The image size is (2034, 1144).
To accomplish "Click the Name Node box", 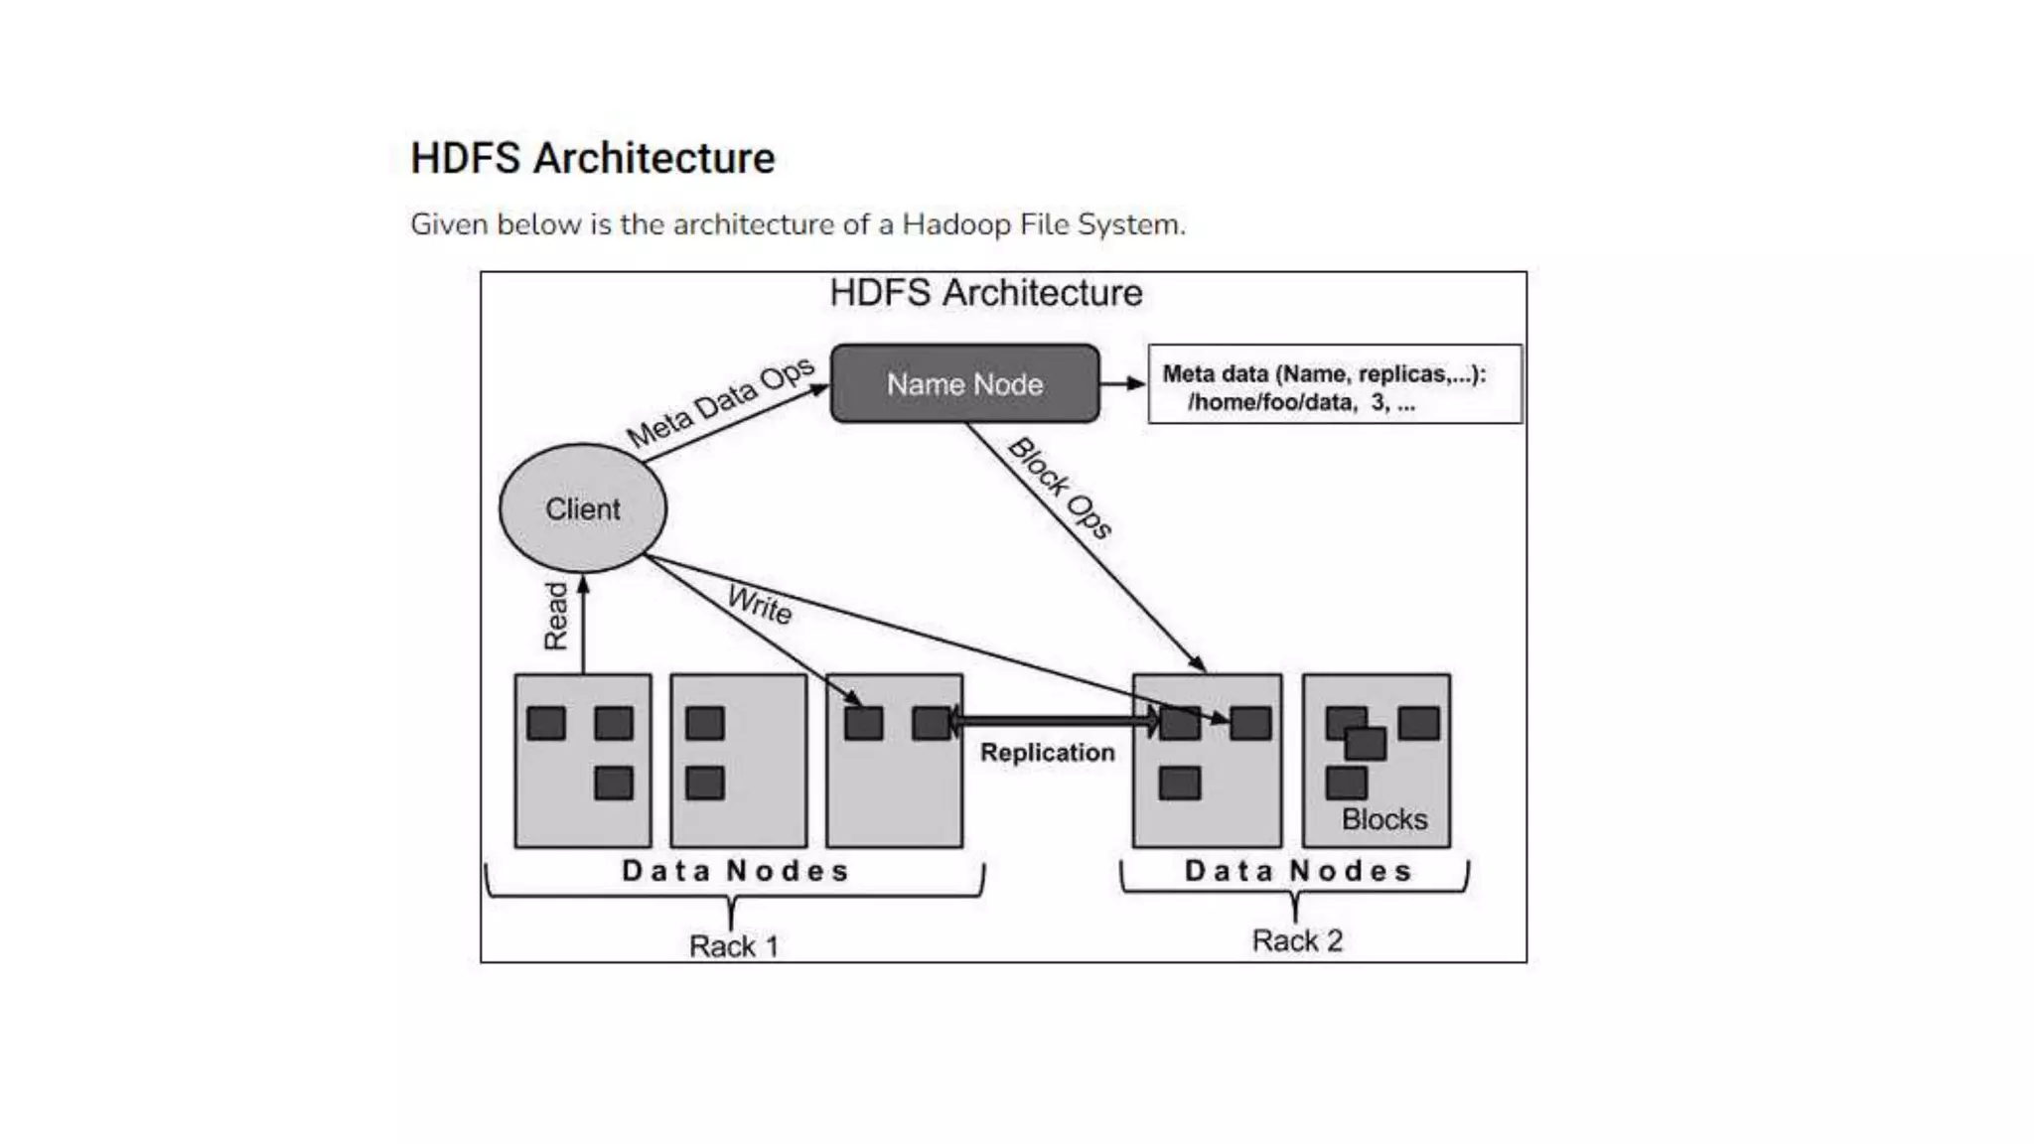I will tap(964, 384).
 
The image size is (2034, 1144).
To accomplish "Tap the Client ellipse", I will tap(583, 508).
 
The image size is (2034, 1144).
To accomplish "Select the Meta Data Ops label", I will tap(720, 402).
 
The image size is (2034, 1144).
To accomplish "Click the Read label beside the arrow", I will tap(556, 616).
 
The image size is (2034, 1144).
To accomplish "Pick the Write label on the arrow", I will tap(760, 605).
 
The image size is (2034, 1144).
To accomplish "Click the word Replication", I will tap(1047, 753).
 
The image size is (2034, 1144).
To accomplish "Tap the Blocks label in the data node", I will tap(1383, 819).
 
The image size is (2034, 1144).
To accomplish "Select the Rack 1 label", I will tap(733, 946).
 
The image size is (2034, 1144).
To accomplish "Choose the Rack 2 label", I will tap(1296, 940).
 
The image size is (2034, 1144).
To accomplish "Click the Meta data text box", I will tap(1334, 385).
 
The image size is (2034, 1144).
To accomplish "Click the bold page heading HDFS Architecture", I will tap(593, 159).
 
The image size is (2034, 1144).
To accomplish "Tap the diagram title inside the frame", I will tap(985, 293).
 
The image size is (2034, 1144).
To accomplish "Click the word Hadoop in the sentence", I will tap(955, 224).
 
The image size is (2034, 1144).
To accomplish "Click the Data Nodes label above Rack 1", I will tap(735, 871).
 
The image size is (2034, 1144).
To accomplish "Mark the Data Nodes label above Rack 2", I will tap(1297, 871).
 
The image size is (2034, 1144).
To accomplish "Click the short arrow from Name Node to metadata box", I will tap(1123, 384).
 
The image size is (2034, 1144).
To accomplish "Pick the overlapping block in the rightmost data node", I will tap(1366, 743).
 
